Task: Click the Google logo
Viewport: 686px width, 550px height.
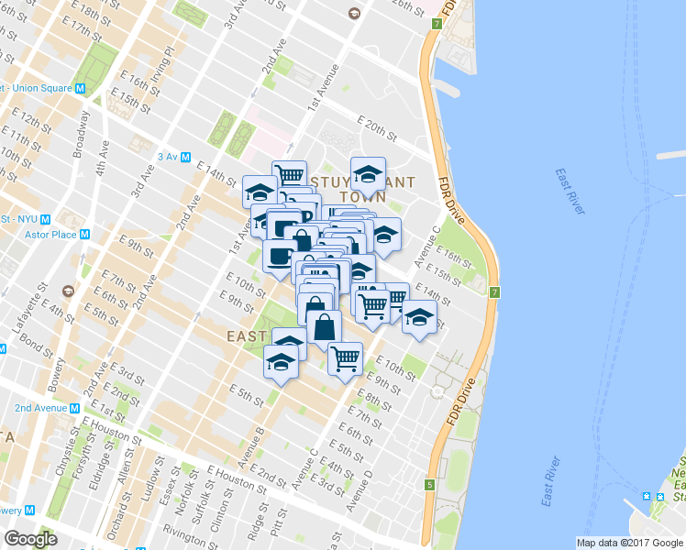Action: (31, 538)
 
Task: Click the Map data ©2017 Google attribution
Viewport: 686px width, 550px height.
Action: (629, 543)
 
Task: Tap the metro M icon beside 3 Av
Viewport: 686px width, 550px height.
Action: (186, 157)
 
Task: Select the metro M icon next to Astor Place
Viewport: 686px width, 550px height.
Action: (84, 234)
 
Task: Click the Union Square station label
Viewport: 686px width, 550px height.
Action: (38, 88)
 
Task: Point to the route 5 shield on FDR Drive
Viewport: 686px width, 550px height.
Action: (428, 484)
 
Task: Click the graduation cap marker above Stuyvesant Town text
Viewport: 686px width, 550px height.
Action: (368, 172)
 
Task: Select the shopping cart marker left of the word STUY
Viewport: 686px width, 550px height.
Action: (290, 173)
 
